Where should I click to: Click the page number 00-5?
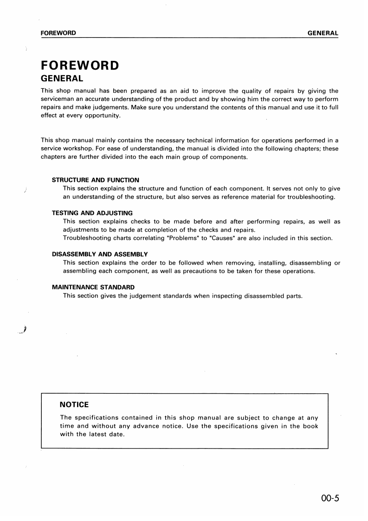330,499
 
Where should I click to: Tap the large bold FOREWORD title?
80,65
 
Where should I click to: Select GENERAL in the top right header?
323,33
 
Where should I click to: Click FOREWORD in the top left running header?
58,33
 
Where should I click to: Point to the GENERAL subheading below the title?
62,78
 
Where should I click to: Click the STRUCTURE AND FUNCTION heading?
95,180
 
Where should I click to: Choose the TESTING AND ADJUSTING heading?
92,213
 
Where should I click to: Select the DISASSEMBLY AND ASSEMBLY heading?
99,254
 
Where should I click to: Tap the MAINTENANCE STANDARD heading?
93,287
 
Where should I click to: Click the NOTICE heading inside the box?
74,405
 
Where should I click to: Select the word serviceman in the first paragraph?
58,99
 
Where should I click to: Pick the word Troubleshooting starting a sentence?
87,238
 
